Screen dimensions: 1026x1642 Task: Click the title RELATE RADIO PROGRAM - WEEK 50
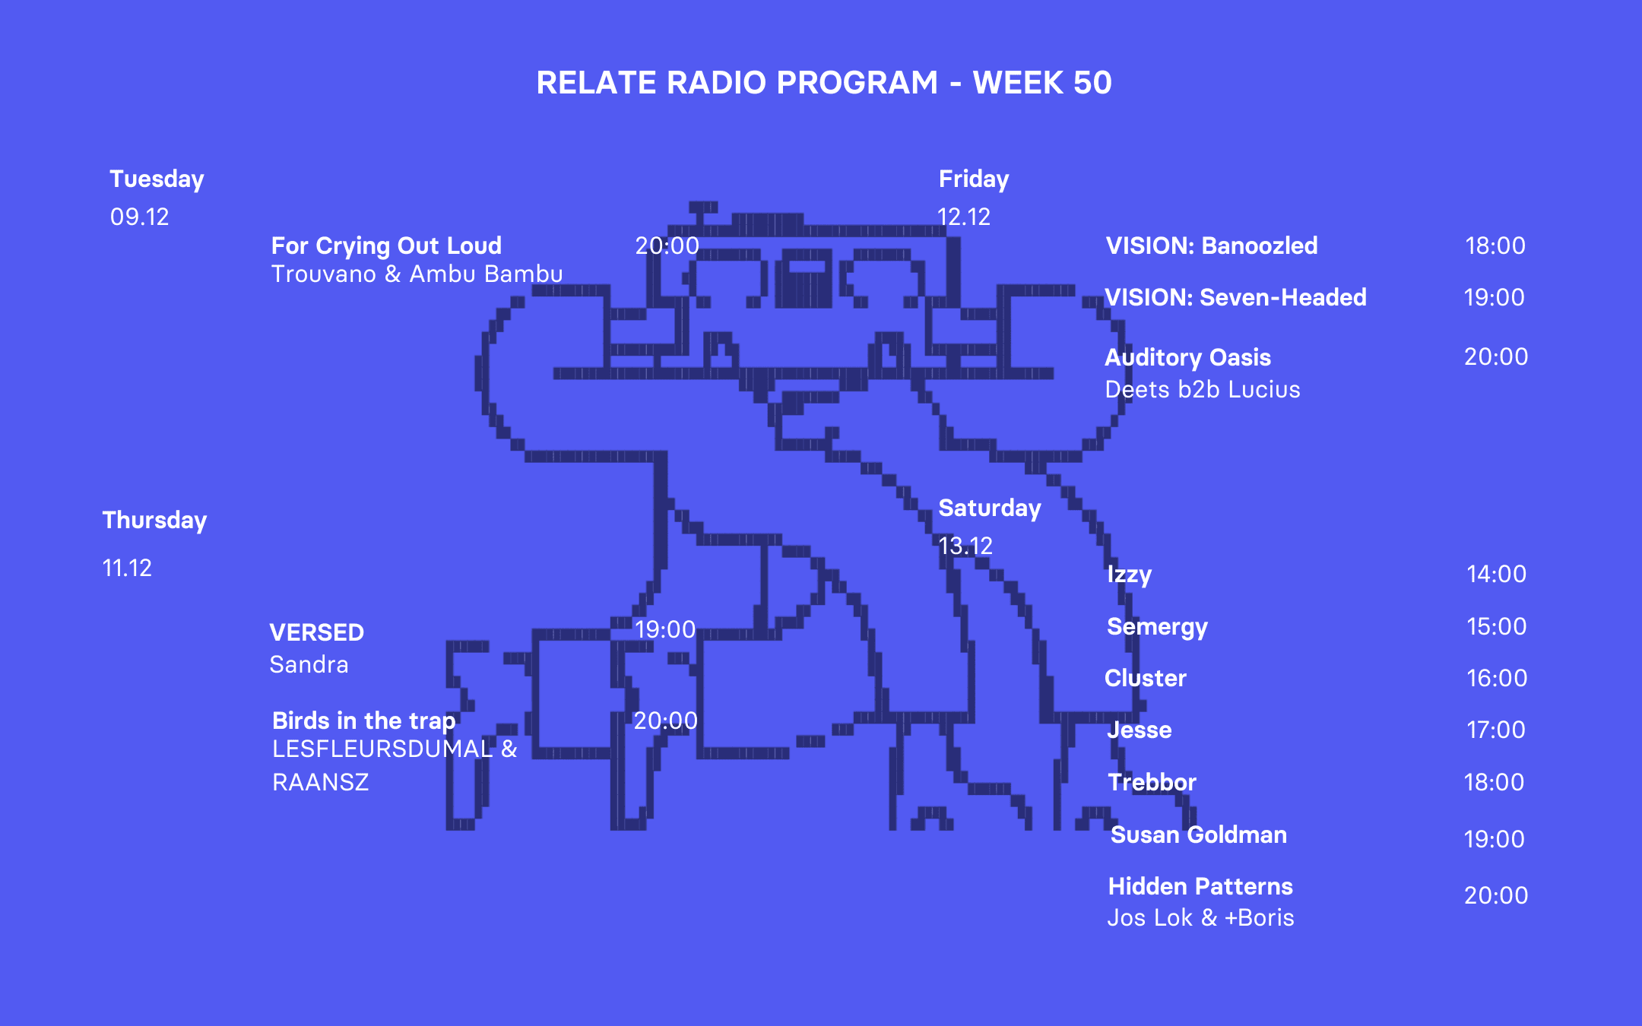tap(824, 83)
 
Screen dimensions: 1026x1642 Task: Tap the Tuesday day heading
tap(157, 179)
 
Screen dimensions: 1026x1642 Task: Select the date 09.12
tap(139, 217)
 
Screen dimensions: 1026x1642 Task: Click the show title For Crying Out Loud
tap(386, 245)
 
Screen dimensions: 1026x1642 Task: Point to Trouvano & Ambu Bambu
tap(417, 274)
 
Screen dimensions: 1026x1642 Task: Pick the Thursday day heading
tap(154, 521)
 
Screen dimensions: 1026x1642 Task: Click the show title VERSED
tap(316, 632)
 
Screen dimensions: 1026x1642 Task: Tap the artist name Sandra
tap(309, 665)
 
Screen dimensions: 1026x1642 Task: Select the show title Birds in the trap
tap(363, 720)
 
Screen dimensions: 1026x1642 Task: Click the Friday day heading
tap(974, 179)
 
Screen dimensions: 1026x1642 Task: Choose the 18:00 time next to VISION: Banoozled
tap(1495, 245)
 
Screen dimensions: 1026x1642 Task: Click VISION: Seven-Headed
tap(1235, 297)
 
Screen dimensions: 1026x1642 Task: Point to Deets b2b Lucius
tap(1203, 390)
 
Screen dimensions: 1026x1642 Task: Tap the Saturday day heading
tap(990, 508)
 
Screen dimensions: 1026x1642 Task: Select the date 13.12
tap(965, 546)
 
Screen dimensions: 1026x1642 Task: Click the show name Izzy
tap(1130, 575)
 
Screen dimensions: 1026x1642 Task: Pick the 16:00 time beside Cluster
tap(1497, 678)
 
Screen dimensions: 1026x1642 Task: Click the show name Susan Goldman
tap(1199, 835)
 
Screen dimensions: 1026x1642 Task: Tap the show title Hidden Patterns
tap(1200, 887)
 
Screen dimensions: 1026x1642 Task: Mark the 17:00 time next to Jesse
tap(1496, 730)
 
